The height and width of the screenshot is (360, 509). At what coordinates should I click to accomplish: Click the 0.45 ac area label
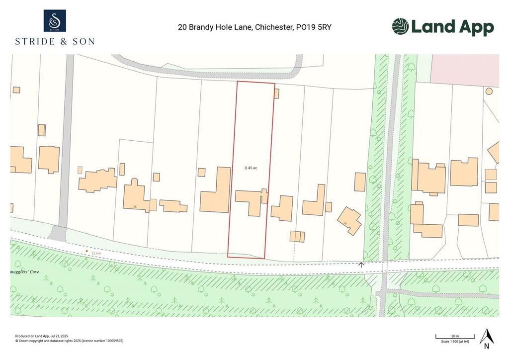pos(251,168)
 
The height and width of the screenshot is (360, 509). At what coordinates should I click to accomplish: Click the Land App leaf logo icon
pos(400,26)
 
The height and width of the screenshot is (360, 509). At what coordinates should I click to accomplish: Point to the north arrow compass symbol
pos(487,338)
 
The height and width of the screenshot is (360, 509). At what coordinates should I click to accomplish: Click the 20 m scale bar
pos(455,338)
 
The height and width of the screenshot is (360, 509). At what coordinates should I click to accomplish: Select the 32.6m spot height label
pos(96,253)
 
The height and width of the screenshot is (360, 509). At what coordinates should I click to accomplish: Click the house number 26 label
pos(135,206)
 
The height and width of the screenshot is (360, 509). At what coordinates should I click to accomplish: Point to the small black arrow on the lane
pos(361,265)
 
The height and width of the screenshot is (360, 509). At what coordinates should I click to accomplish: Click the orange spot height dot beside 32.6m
pos(86,252)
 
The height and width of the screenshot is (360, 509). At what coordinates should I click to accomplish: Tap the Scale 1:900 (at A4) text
pos(455,342)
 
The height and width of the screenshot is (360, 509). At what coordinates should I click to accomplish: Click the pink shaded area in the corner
pos(464,70)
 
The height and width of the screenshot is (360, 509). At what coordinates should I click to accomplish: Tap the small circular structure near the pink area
pos(489,91)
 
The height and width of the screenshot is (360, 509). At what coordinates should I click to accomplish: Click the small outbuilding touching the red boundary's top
pos(276,93)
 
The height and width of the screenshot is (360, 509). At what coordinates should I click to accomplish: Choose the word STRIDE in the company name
pos(35,41)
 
